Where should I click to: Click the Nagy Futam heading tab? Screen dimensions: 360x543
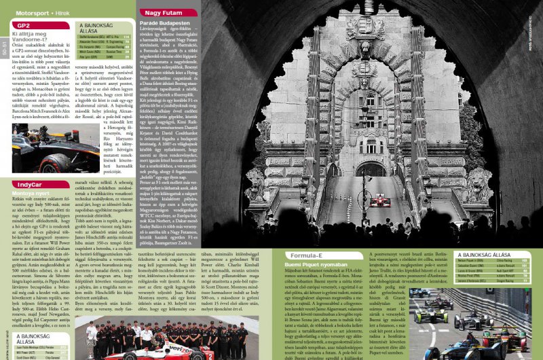click(162, 12)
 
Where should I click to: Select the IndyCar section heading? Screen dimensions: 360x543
click(31, 183)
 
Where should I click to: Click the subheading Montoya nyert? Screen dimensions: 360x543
click(31, 193)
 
